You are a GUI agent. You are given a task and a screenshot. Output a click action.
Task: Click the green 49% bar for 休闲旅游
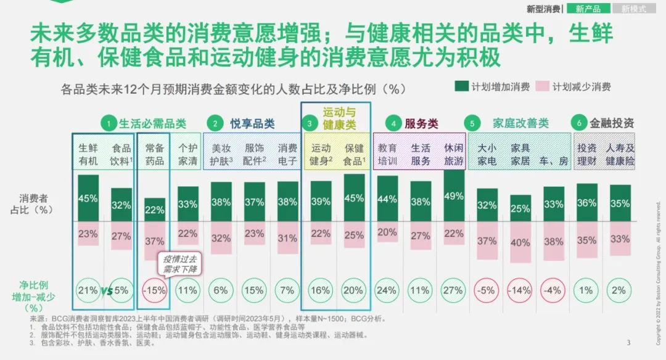coord(453,196)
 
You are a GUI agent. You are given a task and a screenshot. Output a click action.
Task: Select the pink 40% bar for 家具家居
coord(520,242)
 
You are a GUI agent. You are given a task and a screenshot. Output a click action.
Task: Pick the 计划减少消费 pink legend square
coord(543,86)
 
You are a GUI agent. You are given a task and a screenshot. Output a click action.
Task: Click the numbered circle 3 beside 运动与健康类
coord(310,123)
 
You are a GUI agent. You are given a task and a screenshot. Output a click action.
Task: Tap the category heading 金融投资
coord(611,123)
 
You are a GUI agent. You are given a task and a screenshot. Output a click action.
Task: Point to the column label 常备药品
coord(155,154)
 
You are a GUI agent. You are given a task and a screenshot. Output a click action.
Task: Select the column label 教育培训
coord(387,154)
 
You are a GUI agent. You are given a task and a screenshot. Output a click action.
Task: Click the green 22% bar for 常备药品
coord(155,210)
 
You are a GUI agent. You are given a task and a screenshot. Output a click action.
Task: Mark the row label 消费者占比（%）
coord(36,203)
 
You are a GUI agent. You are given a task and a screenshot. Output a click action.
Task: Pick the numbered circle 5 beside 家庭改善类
coord(472,123)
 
